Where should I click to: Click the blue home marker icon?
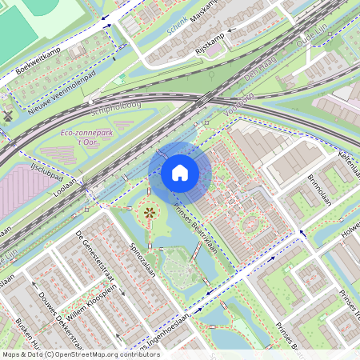(x=180, y=173)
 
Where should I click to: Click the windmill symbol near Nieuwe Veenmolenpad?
(x=8, y=114)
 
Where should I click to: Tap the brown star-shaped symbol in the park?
(x=149, y=213)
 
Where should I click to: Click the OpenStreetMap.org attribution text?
(x=106, y=354)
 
